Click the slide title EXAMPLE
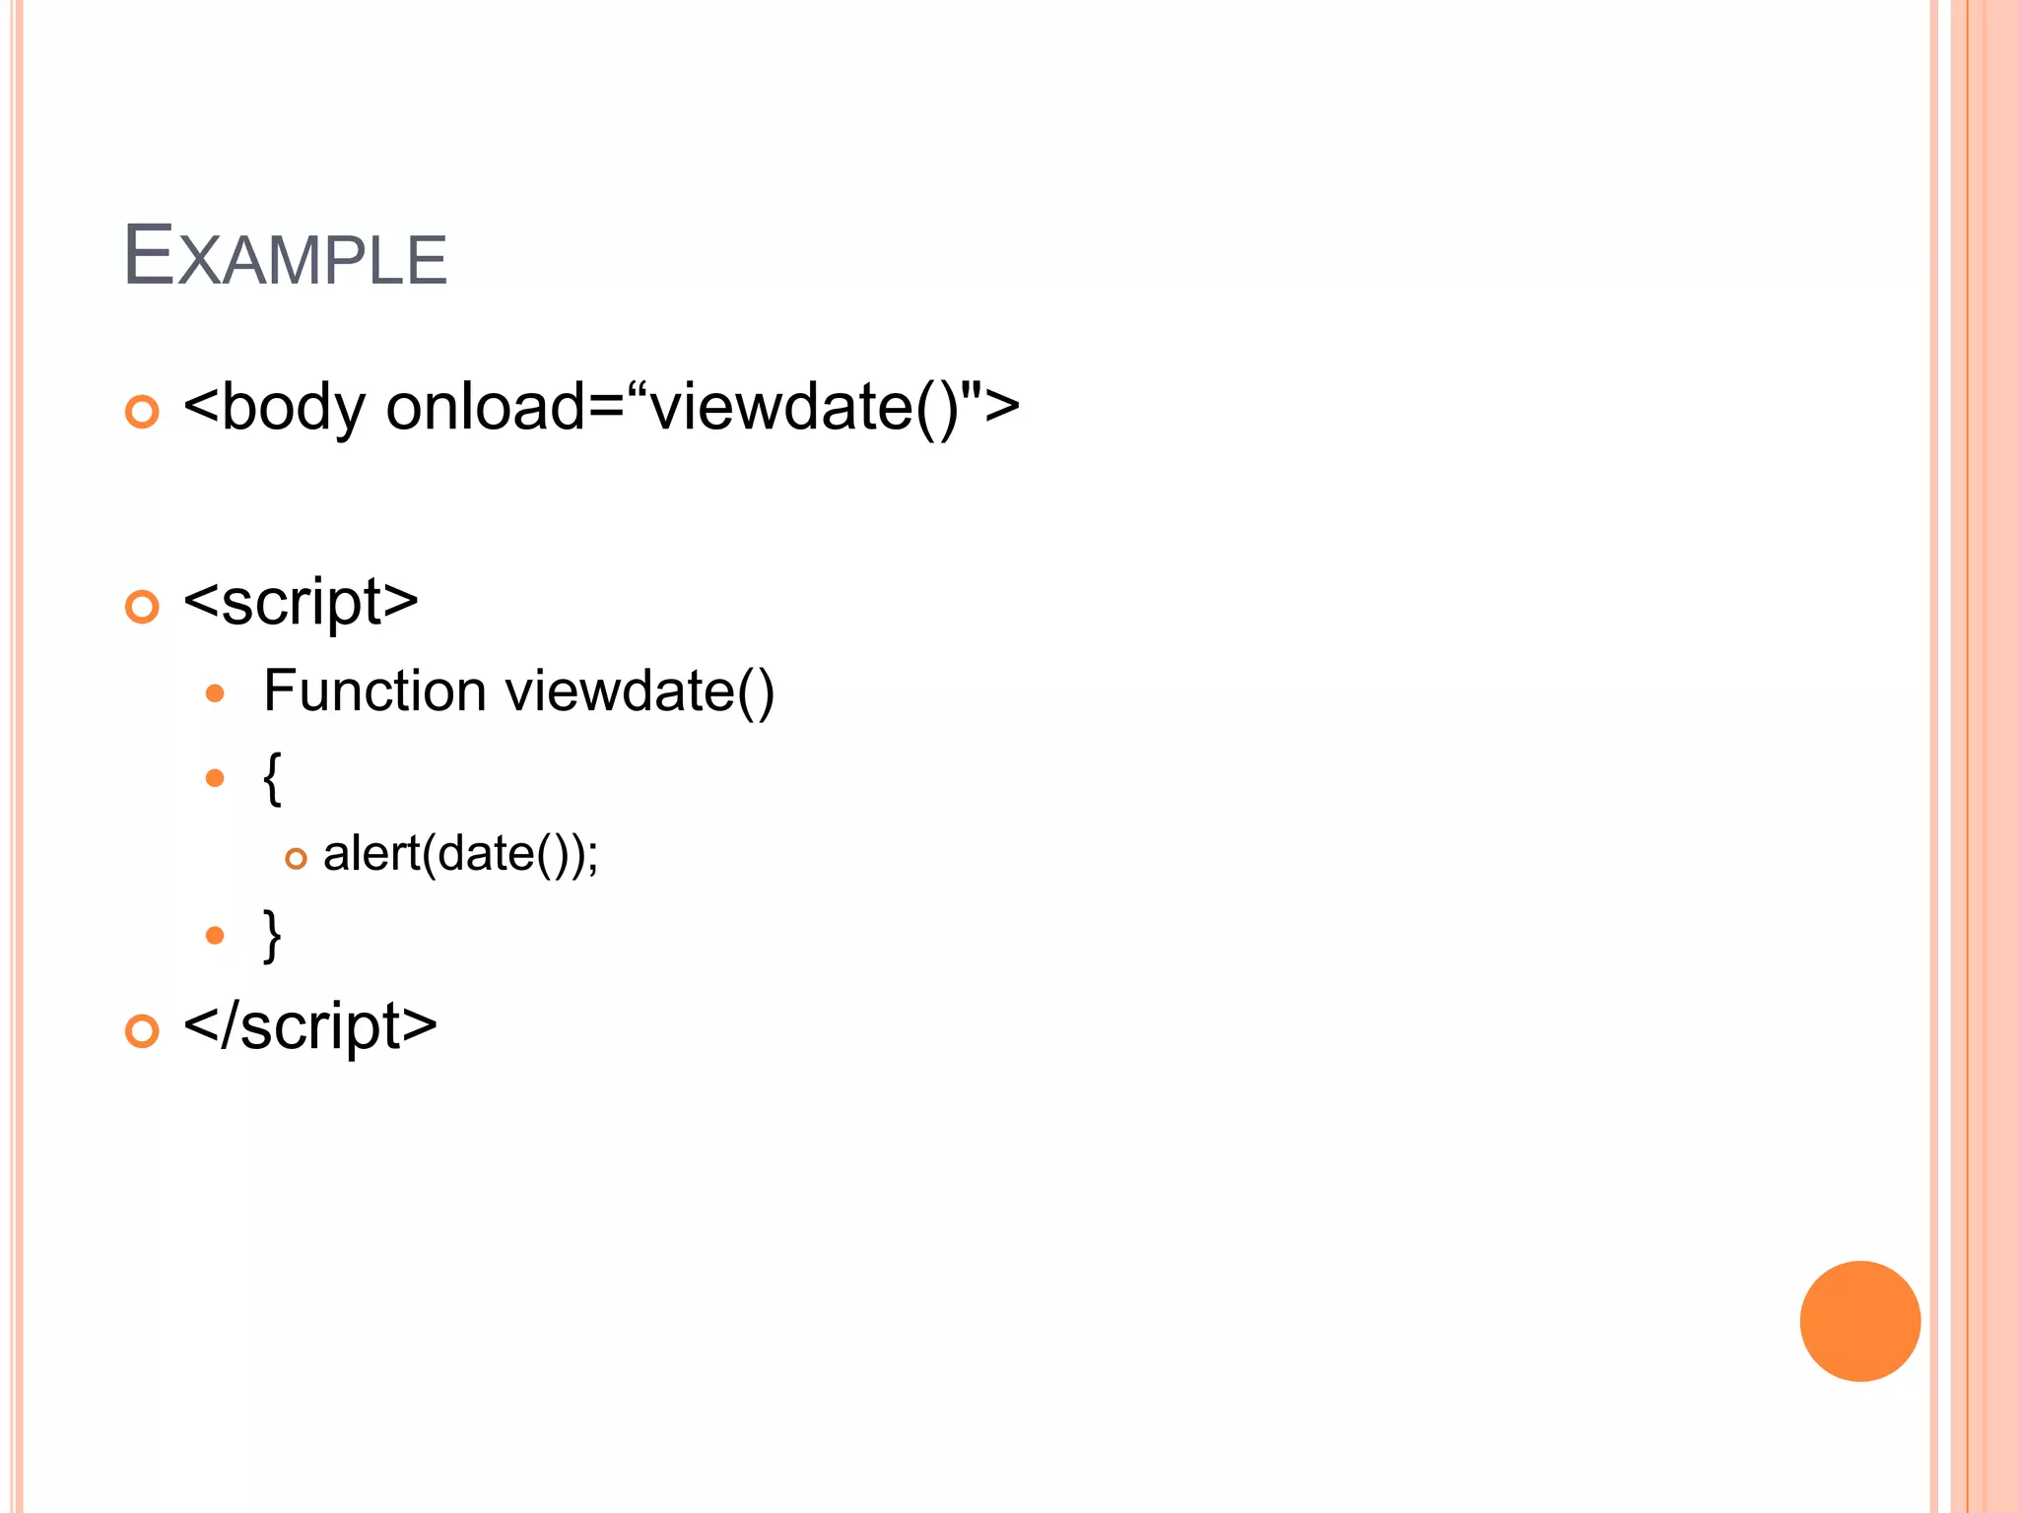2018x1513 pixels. point(285,257)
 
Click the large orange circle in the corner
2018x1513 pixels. point(1859,1321)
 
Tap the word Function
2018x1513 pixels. point(374,691)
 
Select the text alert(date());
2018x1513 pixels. point(460,853)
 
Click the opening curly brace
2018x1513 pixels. point(273,778)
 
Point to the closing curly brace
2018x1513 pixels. point(273,935)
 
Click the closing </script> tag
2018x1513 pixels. point(310,1027)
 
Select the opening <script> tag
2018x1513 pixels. point(301,603)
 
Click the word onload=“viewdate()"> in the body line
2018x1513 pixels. point(703,407)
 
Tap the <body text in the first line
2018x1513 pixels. point(275,407)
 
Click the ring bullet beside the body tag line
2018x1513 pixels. point(142,412)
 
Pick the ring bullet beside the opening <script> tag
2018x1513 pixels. point(142,607)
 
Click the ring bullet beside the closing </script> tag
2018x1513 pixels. point(142,1031)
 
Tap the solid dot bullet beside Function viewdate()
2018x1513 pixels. point(215,693)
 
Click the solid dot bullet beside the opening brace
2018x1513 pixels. point(215,778)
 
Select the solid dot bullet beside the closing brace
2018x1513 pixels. point(215,935)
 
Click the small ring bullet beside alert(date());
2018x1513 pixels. point(296,859)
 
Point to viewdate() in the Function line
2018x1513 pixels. point(639,691)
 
